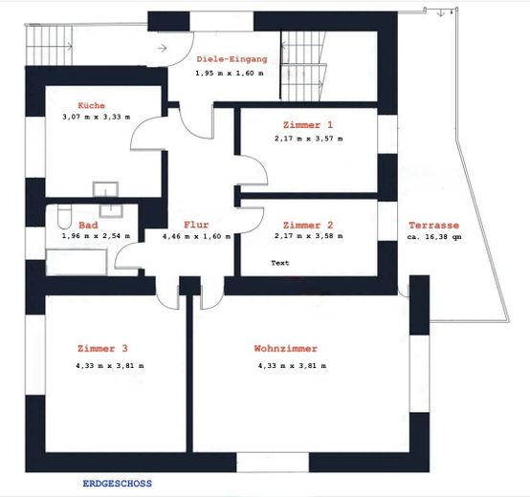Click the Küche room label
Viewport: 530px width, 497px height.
point(91,105)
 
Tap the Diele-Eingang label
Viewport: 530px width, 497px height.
point(232,59)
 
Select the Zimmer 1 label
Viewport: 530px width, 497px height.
point(308,125)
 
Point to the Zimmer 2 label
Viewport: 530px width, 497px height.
point(308,225)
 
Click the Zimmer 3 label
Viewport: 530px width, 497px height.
point(102,348)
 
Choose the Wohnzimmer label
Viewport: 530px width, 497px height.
point(286,348)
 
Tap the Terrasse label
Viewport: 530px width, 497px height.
point(434,225)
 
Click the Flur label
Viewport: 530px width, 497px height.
point(196,225)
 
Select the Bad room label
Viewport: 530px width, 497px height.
point(88,225)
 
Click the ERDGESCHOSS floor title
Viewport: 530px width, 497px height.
point(118,484)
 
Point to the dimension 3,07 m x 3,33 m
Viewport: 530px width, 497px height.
point(97,118)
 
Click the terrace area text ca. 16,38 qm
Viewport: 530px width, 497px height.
point(434,237)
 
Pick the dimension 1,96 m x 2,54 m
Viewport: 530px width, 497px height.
point(96,236)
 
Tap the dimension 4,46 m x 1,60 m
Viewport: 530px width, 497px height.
point(197,236)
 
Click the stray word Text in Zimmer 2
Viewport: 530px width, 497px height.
point(280,263)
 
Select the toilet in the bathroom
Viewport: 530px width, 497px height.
point(64,216)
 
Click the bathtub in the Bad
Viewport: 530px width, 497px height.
point(77,262)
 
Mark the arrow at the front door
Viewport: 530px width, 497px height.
point(163,48)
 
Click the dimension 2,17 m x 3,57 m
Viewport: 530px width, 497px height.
point(309,139)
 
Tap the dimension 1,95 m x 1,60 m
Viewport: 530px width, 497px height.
point(230,73)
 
